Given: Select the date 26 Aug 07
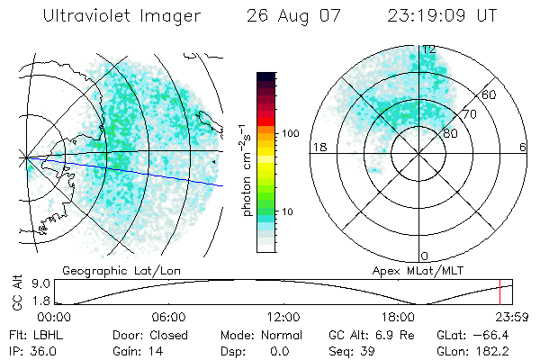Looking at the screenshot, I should pos(291,15).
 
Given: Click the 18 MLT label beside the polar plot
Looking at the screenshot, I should pos(318,147).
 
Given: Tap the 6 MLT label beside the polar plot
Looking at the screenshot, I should pos(522,147).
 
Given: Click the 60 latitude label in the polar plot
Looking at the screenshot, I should pos(490,94).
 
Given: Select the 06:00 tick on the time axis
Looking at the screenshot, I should pos(168,317).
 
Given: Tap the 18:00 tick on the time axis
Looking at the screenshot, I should pos(398,317).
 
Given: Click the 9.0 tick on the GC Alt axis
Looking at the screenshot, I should pos(26,283).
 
